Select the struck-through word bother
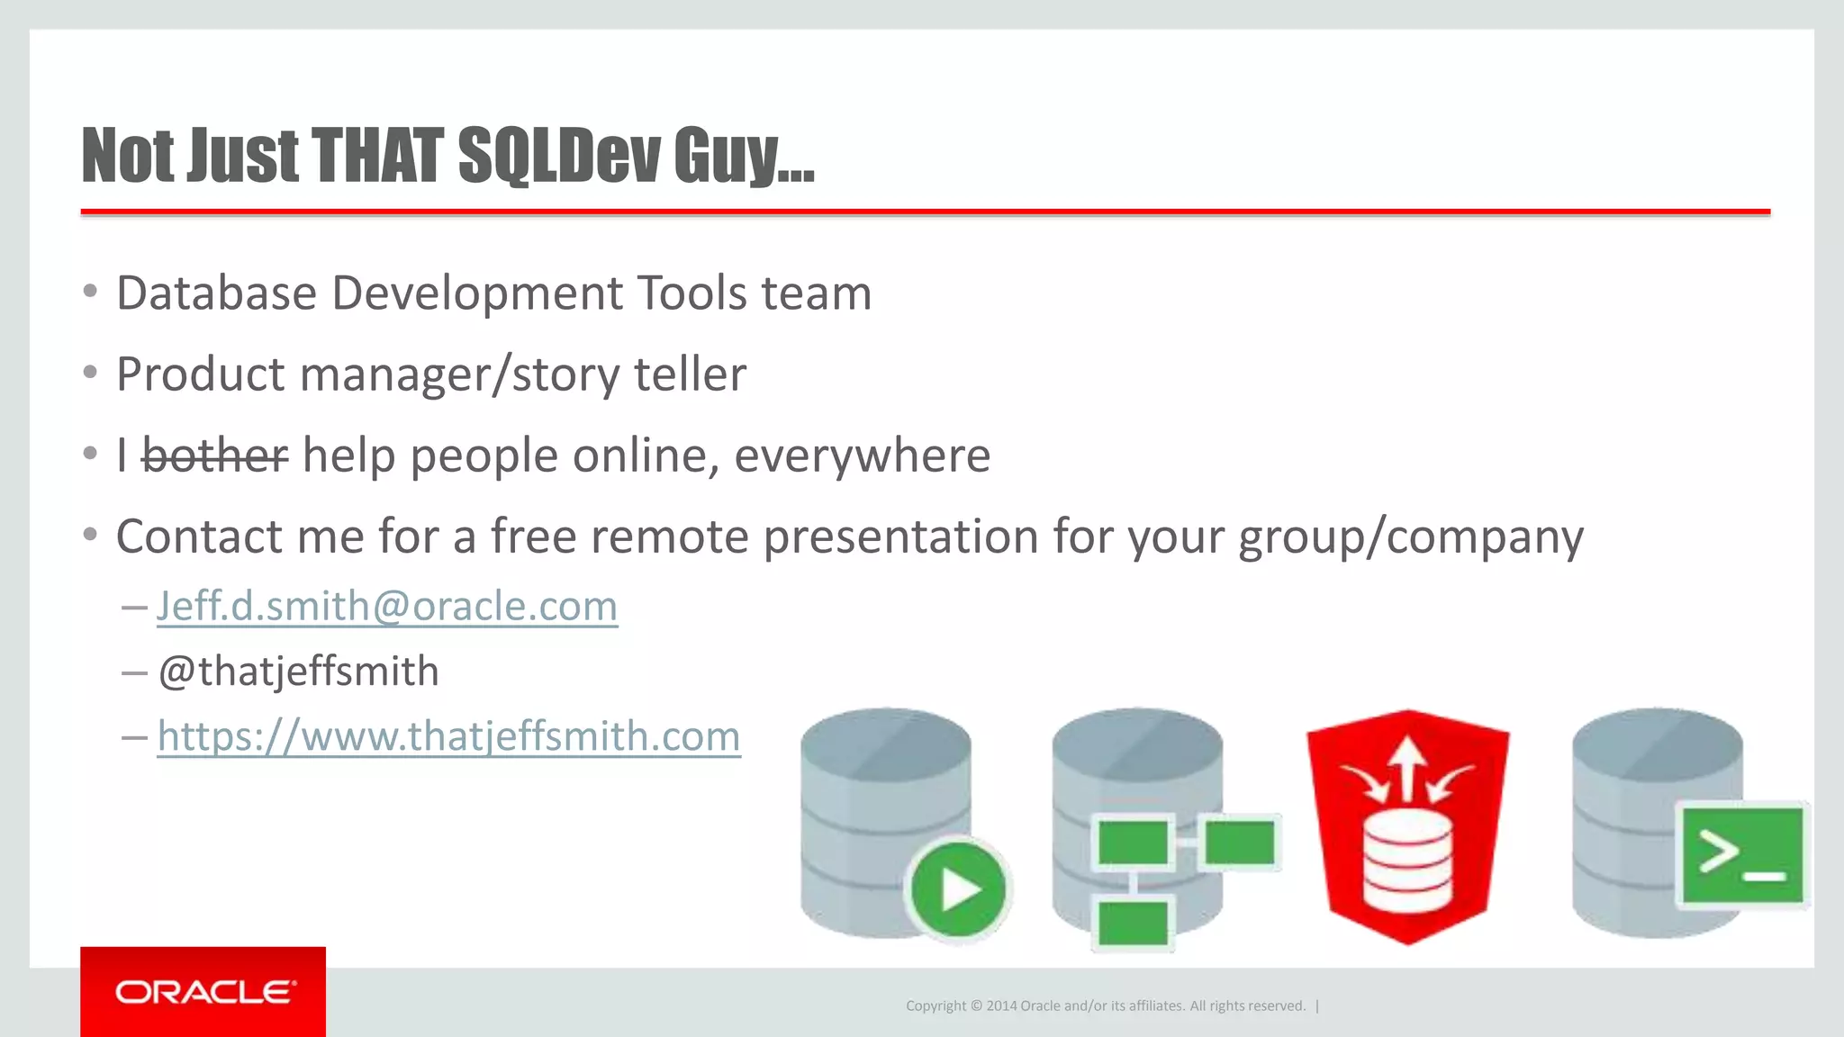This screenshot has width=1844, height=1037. tap(215, 455)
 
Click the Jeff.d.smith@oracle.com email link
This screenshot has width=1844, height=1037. tap(387, 606)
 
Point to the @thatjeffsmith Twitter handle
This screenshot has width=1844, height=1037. tap(298, 672)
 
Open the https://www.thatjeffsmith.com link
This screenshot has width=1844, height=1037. tap(448, 736)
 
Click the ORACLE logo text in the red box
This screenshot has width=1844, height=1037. tap(204, 992)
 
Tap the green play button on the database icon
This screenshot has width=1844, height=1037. tap(958, 889)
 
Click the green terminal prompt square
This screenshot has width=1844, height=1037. tap(1743, 854)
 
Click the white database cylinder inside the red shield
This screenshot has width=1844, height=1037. tap(1407, 860)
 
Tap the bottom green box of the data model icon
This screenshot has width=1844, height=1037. tap(1133, 923)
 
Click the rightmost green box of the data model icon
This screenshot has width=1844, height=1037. tap(1240, 843)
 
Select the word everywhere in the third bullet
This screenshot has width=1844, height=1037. tap(862, 455)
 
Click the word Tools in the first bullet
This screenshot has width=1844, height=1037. tap(691, 293)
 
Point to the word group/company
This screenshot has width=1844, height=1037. tap(1411, 537)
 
